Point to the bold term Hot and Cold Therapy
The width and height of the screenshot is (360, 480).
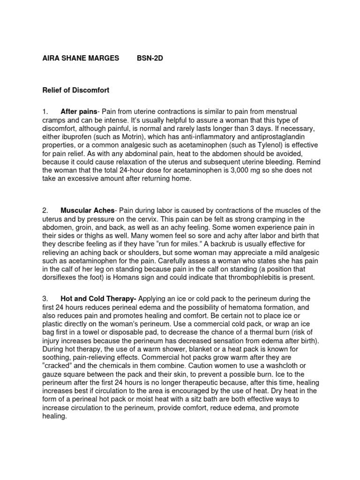98,299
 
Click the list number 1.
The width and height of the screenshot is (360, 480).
45,112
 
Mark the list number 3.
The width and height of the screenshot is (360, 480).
45,299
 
